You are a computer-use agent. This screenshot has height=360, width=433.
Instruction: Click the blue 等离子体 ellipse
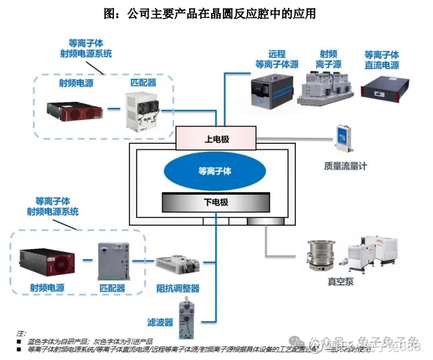[215, 171]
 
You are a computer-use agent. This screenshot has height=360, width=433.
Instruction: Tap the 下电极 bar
[216, 203]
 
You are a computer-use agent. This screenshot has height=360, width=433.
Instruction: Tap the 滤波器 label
[160, 322]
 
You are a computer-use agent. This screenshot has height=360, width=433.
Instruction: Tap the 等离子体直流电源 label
[382, 59]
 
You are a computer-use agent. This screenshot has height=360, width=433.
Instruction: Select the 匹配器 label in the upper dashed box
[143, 82]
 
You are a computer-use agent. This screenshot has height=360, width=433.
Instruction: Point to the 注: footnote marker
[21, 333]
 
